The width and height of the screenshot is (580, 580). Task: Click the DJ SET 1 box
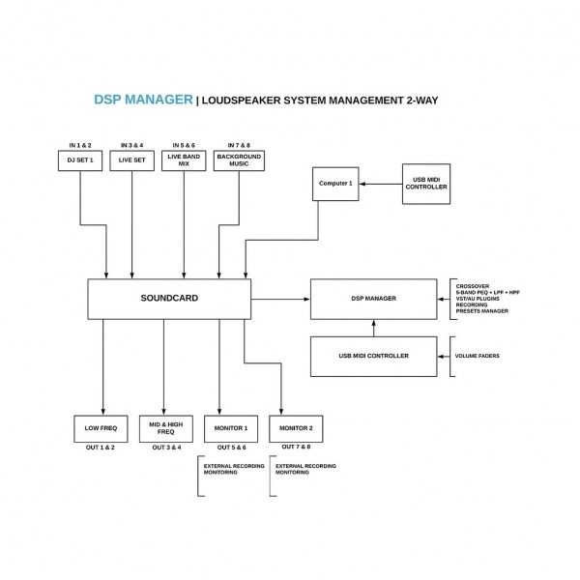80,160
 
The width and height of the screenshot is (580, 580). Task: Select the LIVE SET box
131,160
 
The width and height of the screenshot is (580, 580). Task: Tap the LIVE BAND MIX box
185,160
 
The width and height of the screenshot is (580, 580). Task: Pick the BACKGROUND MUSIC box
239,160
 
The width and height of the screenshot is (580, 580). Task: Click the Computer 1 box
334,184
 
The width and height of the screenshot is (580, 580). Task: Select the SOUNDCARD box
169,299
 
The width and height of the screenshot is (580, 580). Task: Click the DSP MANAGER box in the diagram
379,298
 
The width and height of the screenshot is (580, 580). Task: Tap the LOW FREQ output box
101,428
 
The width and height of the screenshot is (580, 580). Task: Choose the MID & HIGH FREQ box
165,428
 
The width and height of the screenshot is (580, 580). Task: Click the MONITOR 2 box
295,428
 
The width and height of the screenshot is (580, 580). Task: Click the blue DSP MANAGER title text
142,100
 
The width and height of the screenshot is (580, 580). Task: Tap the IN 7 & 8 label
238,144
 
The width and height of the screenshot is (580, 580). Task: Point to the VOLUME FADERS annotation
477,356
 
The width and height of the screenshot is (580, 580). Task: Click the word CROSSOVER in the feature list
475,286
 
